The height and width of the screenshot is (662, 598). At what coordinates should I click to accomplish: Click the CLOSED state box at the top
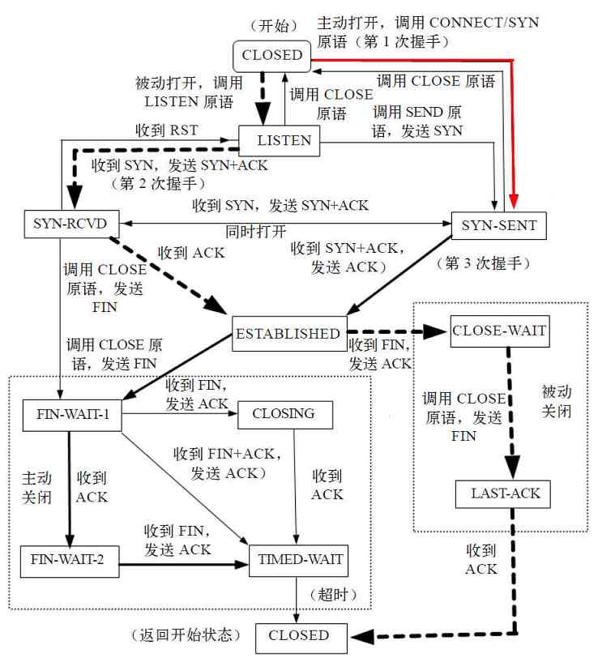point(271,56)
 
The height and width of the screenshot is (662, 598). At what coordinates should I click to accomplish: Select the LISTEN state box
point(284,140)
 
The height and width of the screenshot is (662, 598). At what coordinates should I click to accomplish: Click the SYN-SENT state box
point(499,225)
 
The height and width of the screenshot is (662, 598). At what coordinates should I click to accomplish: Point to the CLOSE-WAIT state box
point(498,331)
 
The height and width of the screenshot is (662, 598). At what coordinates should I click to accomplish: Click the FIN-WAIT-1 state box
point(72,413)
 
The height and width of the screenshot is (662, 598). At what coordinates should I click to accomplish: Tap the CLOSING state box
point(284,413)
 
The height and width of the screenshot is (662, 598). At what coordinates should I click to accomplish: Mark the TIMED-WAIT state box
point(300,559)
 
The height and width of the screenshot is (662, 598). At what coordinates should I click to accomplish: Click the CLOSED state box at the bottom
point(300,636)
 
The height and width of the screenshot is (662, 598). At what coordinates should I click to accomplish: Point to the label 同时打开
point(256,232)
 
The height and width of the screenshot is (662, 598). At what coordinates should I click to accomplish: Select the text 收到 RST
point(167,130)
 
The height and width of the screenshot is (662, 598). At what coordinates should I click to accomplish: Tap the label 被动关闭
point(557,401)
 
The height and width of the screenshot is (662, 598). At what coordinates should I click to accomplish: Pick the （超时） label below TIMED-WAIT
point(333,594)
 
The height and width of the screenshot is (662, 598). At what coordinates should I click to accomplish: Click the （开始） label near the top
point(274,25)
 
